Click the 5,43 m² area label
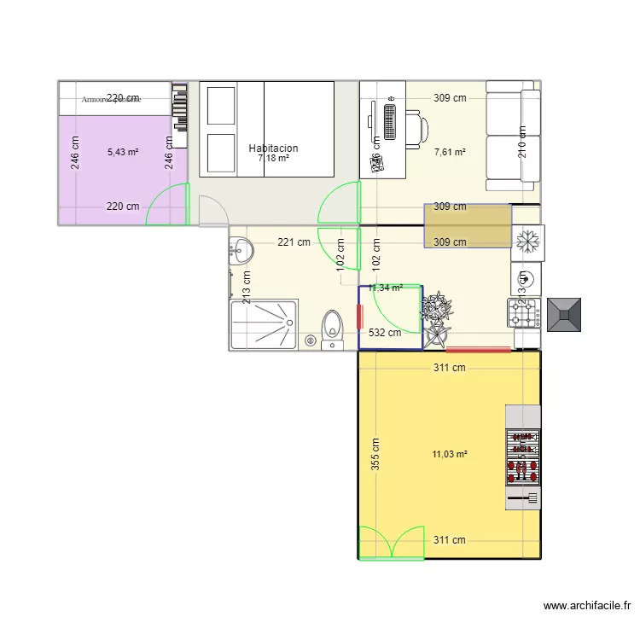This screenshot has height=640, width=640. pyautogui.click(x=123, y=153)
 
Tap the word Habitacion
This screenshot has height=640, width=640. pyautogui.click(x=273, y=148)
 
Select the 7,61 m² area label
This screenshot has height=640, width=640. pyautogui.click(x=449, y=153)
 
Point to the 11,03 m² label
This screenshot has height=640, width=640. pyautogui.click(x=449, y=455)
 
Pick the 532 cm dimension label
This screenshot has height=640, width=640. pyautogui.click(x=384, y=333)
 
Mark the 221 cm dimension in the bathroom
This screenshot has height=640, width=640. pyautogui.click(x=293, y=242)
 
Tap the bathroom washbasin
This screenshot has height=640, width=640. pyautogui.click(x=241, y=251)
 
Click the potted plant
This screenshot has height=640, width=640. pyautogui.click(x=437, y=311)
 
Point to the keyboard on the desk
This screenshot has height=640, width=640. pyautogui.click(x=390, y=122)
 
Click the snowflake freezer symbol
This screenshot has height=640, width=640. pyautogui.click(x=527, y=243)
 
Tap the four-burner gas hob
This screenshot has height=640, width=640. pyautogui.click(x=526, y=314)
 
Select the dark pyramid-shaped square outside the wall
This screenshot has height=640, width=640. pyautogui.click(x=565, y=315)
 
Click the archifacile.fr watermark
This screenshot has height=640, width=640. pyautogui.click(x=588, y=606)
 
